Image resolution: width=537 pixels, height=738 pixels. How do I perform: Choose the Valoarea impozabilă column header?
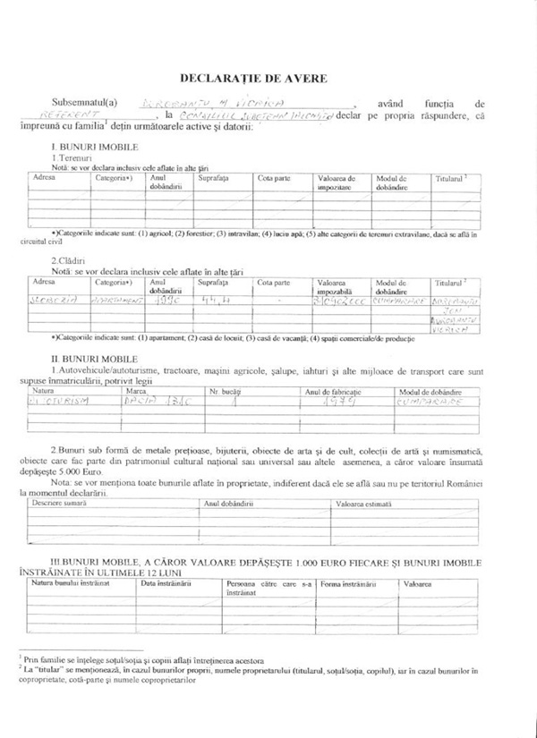click(337, 286)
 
